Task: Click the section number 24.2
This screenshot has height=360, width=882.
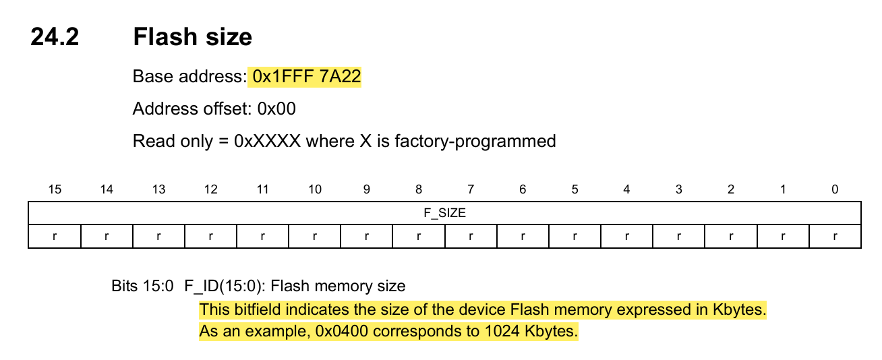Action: (55, 36)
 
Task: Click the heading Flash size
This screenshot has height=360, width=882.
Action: (192, 36)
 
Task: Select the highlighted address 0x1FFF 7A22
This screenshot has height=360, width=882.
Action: (306, 78)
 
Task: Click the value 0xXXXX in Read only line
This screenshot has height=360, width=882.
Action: (267, 141)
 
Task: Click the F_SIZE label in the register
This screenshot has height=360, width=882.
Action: (444, 213)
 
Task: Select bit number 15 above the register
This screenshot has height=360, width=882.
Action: (55, 189)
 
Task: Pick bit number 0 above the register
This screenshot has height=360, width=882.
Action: (834, 189)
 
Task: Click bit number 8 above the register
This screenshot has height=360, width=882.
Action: (419, 189)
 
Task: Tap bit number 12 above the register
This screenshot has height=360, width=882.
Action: (210, 189)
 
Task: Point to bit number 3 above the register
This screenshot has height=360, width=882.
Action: (678, 189)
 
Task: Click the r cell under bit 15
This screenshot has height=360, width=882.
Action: (55, 237)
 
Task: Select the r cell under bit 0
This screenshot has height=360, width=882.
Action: (834, 237)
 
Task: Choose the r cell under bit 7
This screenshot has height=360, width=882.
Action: (471, 237)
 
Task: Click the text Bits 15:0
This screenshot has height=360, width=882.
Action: (143, 286)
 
